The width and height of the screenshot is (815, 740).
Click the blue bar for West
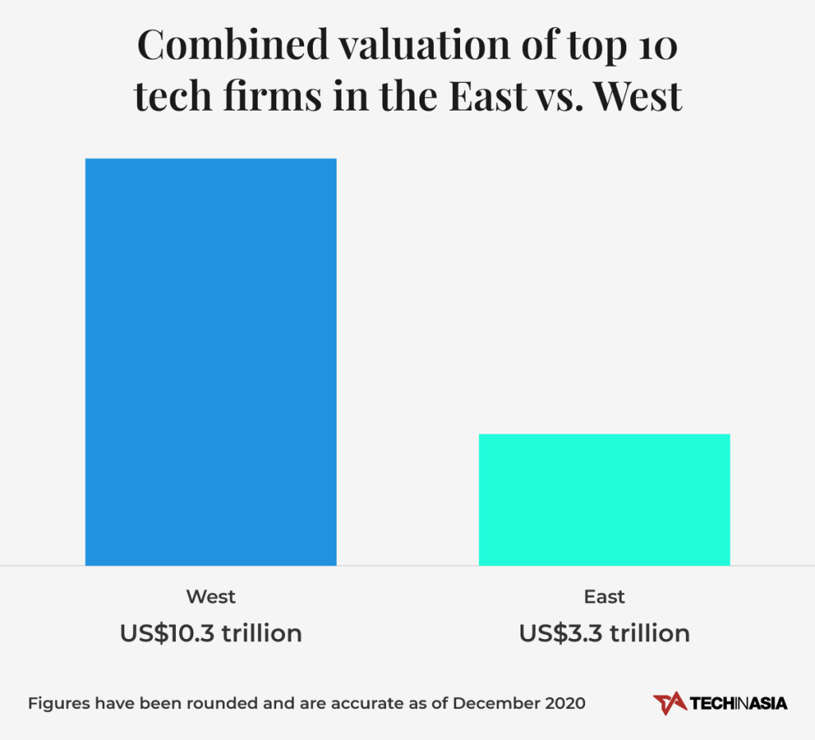(x=211, y=362)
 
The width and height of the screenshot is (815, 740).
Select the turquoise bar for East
(x=604, y=500)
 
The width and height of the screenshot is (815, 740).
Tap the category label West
(x=211, y=597)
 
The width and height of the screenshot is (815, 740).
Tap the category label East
(x=604, y=597)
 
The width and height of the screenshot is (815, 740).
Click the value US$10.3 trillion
(x=211, y=633)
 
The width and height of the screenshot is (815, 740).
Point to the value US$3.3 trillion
(x=604, y=633)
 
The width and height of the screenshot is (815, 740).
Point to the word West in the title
(x=639, y=97)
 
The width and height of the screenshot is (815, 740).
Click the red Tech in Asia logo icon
(x=669, y=703)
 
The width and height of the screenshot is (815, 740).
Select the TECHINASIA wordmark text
(x=739, y=703)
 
